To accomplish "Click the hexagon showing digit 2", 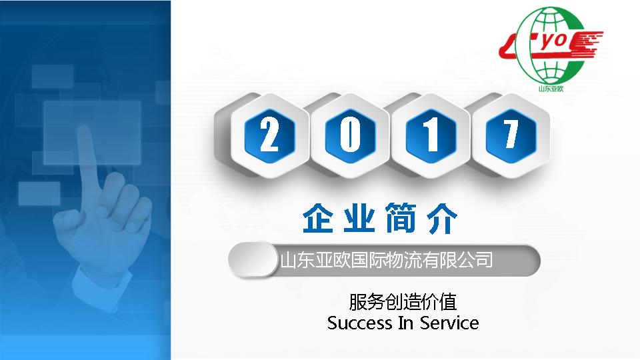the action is tap(269, 135).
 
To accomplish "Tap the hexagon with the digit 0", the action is tap(350, 135).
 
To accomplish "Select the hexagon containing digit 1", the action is tap(430, 135).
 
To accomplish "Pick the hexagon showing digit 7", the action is tap(511, 135).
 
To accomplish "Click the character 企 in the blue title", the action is tap(318, 219).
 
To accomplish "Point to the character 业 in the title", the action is tap(359, 219).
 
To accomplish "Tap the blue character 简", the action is tap(401, 219).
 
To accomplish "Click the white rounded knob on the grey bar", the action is tap(253, 259).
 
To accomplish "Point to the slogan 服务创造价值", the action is tap(403, 303).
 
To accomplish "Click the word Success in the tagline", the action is tap(359, 323).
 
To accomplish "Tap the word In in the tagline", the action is tap(406, 323).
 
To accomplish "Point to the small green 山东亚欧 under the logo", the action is tap(551, 89).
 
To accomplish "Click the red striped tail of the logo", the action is tap(587, 44).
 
